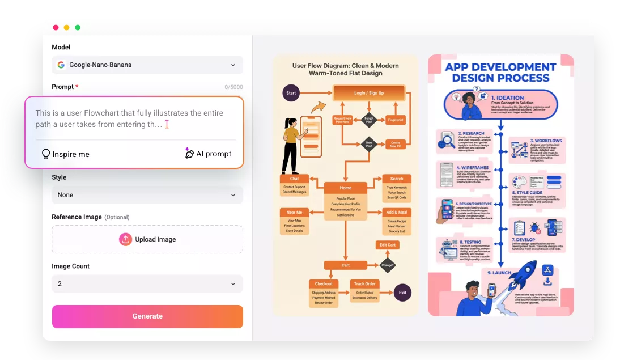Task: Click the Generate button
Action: click(147, 316)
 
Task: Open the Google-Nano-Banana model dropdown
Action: click(147, 65)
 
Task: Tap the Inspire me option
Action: click(65, 154)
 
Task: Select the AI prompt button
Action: click(208, 154)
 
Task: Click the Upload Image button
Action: click(147, 239)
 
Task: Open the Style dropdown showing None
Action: click(147, 195)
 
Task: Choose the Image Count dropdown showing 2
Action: click(147, 283)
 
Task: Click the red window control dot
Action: click(56, 27)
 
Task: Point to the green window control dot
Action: click(78, 27)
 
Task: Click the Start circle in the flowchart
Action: click(291, 93)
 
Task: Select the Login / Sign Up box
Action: click(369, 93)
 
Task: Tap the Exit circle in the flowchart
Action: click(402, 293)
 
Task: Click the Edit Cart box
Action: click(388, 245)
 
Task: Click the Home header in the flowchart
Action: click(346, 188)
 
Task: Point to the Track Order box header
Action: click(366, 283)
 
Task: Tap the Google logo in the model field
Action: click(61, 65)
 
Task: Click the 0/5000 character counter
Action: click(233, 87)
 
